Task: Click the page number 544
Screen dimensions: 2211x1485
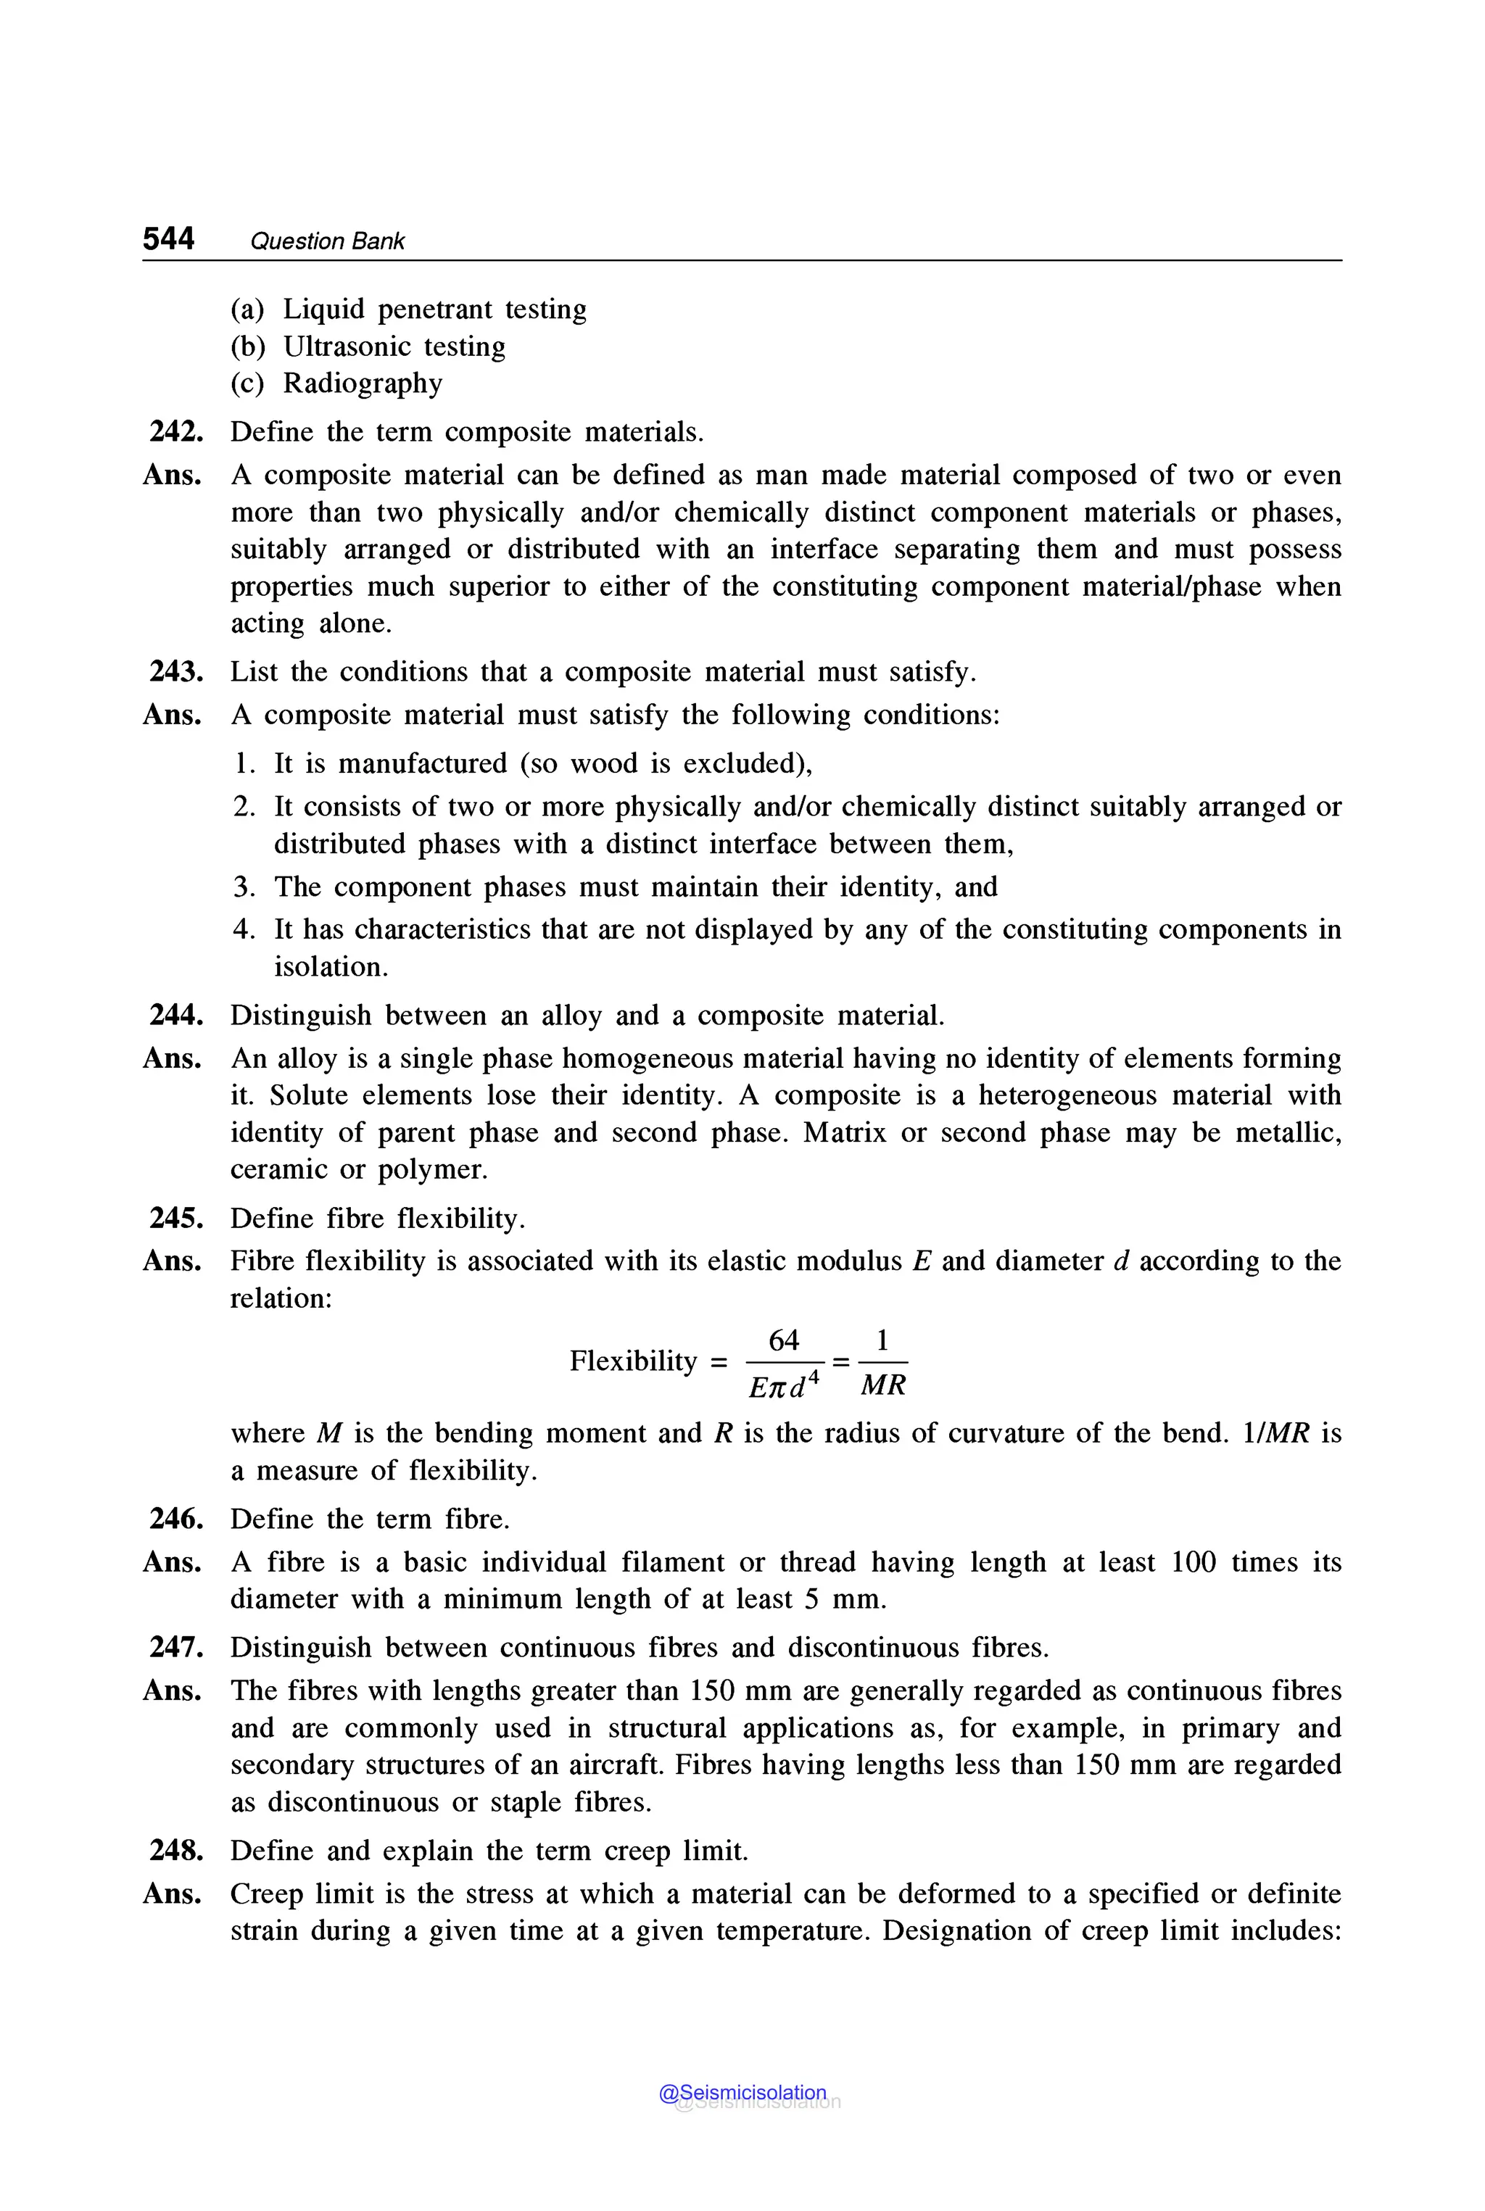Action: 168,238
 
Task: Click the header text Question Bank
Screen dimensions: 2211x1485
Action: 327,241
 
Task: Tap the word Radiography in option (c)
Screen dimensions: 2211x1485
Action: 363,383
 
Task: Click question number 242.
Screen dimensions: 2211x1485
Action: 176,432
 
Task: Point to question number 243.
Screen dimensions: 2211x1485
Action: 176,672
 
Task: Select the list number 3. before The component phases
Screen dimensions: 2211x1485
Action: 244,887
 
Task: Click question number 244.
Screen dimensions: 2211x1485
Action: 176,1016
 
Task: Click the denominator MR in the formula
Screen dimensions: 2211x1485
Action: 882,1385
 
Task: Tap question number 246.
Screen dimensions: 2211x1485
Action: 176,1519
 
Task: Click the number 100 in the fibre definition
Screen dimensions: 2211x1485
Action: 1194,1562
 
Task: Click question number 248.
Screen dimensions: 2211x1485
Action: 176,1851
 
